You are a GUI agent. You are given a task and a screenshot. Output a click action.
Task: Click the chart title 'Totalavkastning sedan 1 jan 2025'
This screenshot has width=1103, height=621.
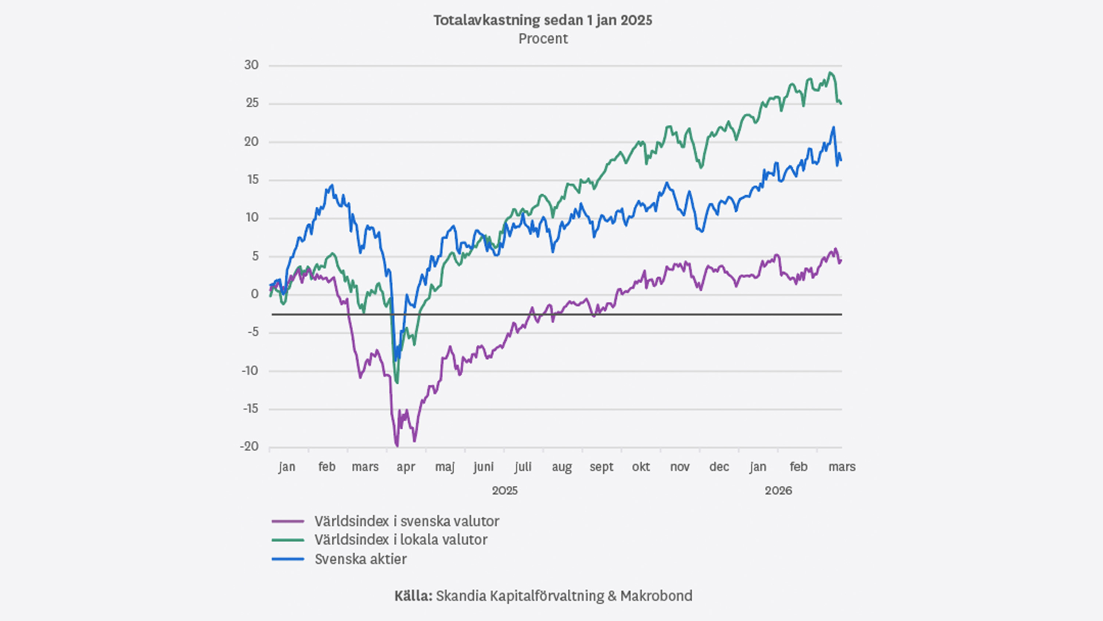tap(543, 20)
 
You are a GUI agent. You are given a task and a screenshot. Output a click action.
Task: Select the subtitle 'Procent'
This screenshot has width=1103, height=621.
tap(543, 39)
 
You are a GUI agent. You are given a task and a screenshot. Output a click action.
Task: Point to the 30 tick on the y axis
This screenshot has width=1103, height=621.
tap(251, 65)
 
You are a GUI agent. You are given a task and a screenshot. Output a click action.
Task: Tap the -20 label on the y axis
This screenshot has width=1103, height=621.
tap(249, 447)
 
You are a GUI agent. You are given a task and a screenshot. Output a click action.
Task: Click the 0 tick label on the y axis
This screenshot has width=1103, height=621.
tap(255, 294)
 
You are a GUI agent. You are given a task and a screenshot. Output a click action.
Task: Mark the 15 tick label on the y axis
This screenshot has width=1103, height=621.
tap(252, 180)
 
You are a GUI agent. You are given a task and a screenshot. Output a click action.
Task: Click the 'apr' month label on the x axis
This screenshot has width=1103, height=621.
tap(406, 467)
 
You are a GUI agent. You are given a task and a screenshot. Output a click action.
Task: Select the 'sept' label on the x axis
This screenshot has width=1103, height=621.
tap(601, 467)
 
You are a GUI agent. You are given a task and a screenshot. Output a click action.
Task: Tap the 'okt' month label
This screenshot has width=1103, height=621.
tap(640, 467)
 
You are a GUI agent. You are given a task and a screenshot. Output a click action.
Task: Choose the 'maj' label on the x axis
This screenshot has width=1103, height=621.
tap(445, 467)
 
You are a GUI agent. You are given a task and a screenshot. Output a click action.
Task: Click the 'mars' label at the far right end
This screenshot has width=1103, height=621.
tap(842, 467)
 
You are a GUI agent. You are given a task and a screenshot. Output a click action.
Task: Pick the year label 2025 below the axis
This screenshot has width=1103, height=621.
tap(504, 491)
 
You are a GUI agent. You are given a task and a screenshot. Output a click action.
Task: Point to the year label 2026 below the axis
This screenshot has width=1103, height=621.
tap(778, 491)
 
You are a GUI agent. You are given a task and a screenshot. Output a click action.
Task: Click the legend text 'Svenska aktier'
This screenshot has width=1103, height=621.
tap(361, 559)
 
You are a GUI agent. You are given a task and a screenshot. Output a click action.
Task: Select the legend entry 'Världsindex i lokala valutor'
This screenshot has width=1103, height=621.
tap(401, 540)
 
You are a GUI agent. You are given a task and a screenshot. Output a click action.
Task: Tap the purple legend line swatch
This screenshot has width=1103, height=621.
tap(288, 522)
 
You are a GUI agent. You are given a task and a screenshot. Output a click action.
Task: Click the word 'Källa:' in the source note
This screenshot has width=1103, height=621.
tap(413, 596)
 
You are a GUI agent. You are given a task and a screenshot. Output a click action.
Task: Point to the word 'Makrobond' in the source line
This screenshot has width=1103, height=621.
tap(656, 596)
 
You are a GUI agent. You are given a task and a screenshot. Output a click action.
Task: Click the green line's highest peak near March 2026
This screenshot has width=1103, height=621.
tap(830, 72)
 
